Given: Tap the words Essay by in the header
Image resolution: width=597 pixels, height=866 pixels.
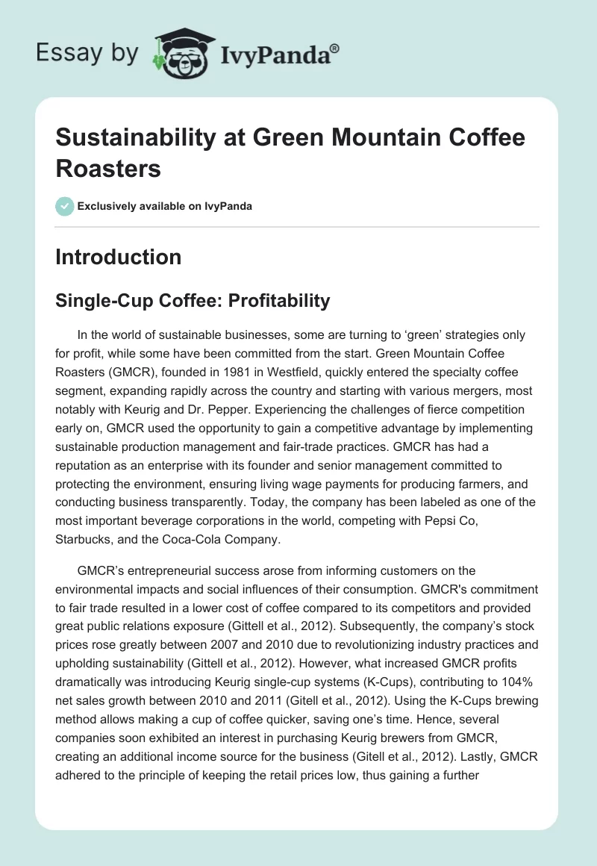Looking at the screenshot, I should coord(87,52).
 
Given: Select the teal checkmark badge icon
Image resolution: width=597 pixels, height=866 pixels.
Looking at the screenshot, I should coord(66,206).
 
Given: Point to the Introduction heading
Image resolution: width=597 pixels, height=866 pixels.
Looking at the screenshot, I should coord(119,257).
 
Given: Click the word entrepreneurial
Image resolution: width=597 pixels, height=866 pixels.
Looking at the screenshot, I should coord(167,570).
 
